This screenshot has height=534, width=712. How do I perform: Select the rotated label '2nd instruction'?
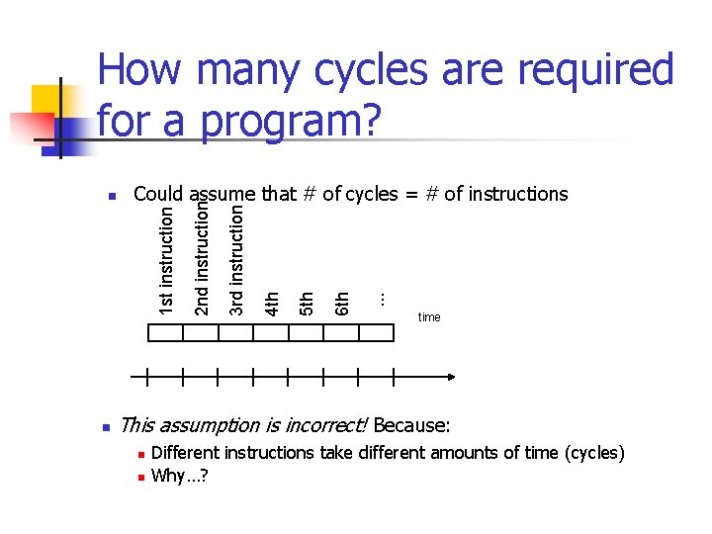coord(202,259)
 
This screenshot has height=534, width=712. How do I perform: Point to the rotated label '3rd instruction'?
coord(236,259)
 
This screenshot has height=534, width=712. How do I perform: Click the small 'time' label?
coord(429,317)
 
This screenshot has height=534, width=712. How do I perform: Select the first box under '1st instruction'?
coord(164,333)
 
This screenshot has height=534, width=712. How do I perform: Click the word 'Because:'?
coord(411,426)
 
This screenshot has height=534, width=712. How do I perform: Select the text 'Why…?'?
coord(179,476)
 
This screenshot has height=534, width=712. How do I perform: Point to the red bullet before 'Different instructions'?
coord(140,454)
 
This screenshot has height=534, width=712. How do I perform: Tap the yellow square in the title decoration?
coord(47,102)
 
